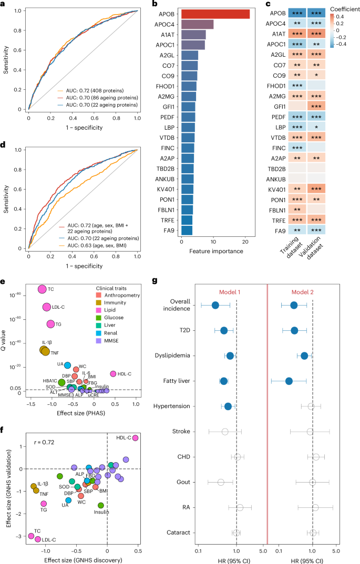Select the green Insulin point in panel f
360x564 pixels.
[101, 505]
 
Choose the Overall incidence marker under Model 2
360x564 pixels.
[294, 305]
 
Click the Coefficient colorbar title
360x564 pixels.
[342, 9]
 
